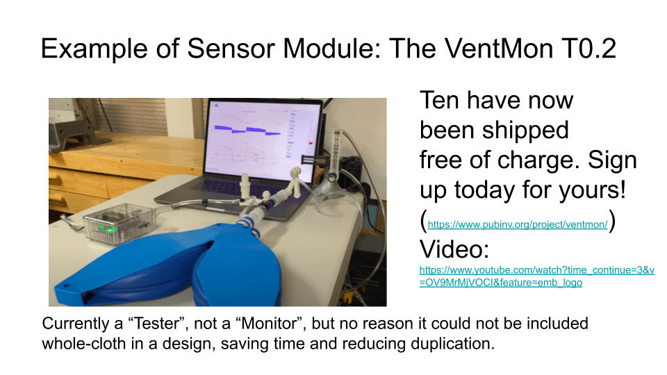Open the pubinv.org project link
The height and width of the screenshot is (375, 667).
518,224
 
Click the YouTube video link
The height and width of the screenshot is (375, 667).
536,276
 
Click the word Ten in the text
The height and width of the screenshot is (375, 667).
439,101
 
